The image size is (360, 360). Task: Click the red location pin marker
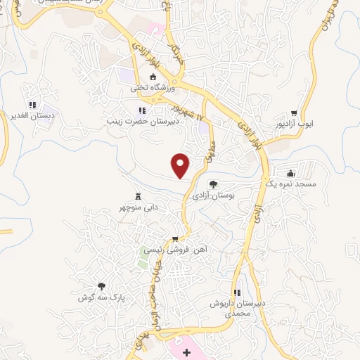[181, 165]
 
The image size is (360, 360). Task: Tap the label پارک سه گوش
[102, 297]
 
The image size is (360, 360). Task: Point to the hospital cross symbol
[186, 352]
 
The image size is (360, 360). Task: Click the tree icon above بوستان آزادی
[214, 184]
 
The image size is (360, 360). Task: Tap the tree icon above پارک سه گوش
[102, 286]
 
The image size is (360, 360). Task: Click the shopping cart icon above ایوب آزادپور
[294, 112]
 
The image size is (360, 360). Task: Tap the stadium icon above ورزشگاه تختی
[153, 77]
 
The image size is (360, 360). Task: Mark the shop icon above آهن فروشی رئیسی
[185, 239]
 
